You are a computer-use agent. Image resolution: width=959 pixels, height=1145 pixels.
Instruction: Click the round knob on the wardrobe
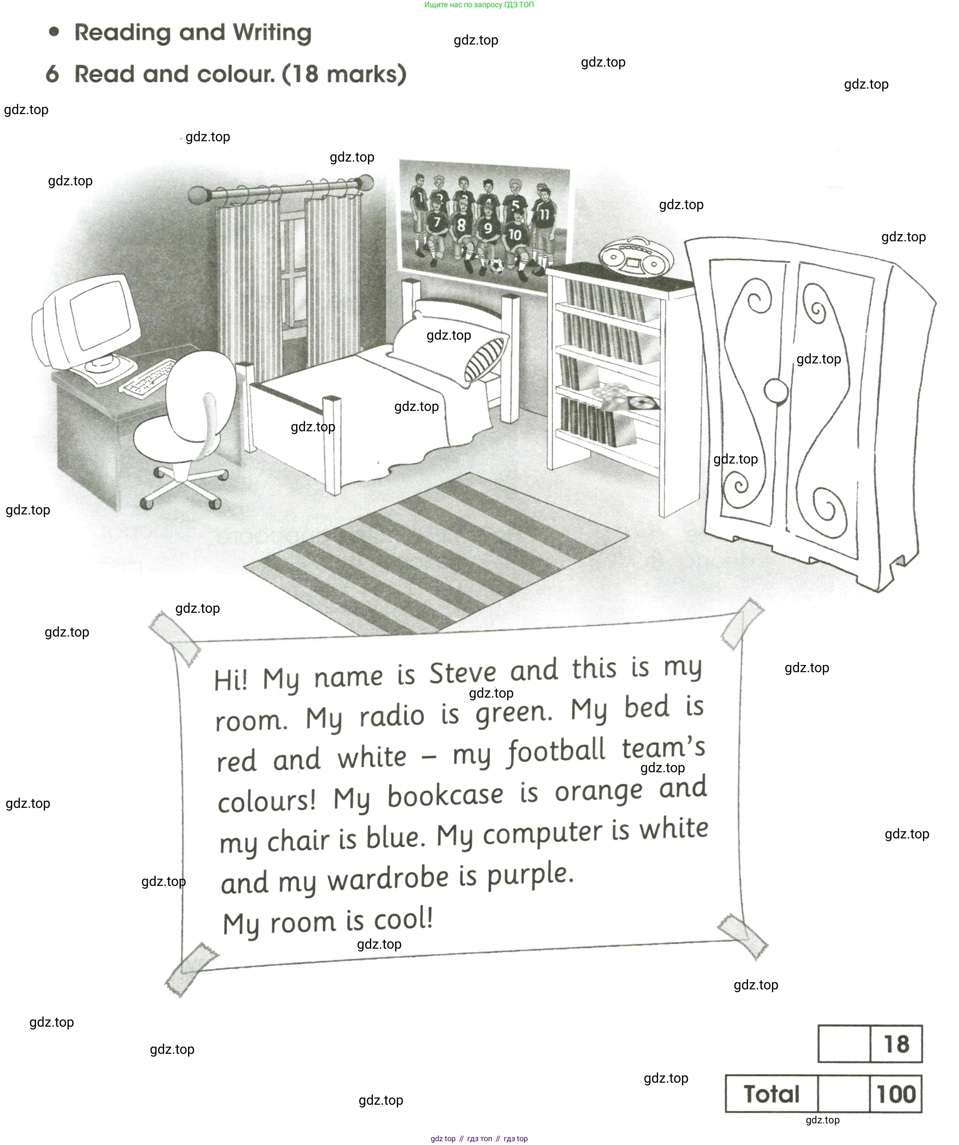coord(775,391)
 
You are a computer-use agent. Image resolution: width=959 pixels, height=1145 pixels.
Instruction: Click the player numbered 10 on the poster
coord(515,240)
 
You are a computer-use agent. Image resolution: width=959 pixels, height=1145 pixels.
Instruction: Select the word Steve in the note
coord(462,673)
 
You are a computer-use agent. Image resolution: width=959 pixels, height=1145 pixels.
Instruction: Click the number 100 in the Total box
coord(895,1094)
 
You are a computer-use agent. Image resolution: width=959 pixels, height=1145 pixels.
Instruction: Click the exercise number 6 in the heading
coord(52,74)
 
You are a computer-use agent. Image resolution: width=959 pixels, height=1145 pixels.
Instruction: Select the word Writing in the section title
coord(272,33)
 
